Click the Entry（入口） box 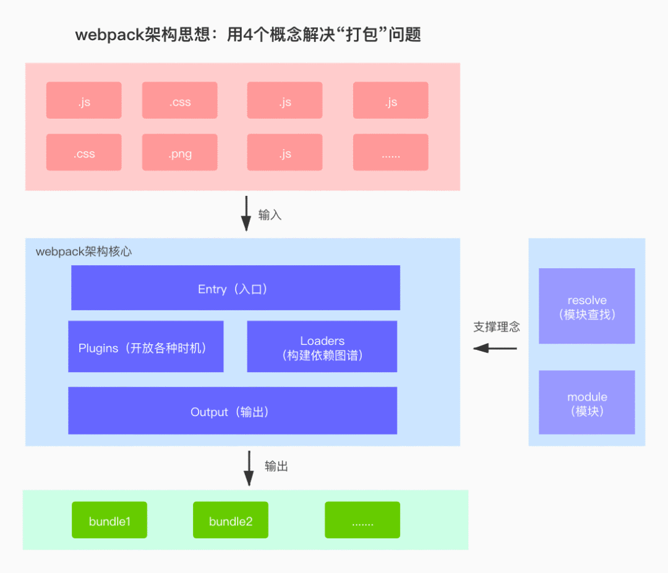(x=235, y=288)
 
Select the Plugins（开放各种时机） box (x=145, y=347)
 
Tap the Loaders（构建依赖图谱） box (x=322, y=347)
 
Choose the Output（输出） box (x=232, y=411)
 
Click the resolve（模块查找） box (x=586, y=306)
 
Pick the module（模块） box (x=586, y=402)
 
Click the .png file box (x=179, y=153)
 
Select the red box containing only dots (x=390, y=153)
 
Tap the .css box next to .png (x=83, y=153)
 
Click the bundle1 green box (x=109, y=520)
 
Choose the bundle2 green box (x=230, y=520)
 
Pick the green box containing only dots (x=362, y=520)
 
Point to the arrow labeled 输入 (x=246, y=213)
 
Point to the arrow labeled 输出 (x=249, y=468)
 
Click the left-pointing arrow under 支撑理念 (x=495, y=349)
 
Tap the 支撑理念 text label (x=496, y=327)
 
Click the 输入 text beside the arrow (x=270, y=215)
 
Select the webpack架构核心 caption (x=83, y=252)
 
